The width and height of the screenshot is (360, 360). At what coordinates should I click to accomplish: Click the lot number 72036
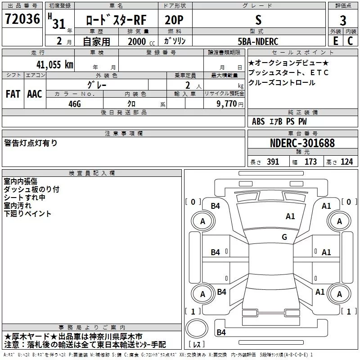[x=22, y=19]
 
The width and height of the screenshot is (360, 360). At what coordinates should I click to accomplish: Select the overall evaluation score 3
[x=343, y=20]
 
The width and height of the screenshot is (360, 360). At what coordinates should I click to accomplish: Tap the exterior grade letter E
[x=335, y=41]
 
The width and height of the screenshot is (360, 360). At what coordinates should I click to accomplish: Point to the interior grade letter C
[x=350, y=41]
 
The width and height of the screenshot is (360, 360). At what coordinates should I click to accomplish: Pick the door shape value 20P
[x=175, y=20]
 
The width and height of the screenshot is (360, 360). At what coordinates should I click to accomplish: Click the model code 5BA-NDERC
[x=258, y=41]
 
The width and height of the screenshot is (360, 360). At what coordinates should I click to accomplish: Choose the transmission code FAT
[x=13, y=94]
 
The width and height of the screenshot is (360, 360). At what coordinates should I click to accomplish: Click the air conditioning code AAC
[x=34, y=94]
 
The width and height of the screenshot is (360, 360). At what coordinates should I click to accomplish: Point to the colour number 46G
[x=74, y=103]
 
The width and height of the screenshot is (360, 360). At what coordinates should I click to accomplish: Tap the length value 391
[x=273, y=162]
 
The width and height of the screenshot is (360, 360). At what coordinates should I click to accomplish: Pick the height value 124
[x=346, y=162]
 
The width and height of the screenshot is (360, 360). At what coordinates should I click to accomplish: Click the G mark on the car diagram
[x=284, y=237]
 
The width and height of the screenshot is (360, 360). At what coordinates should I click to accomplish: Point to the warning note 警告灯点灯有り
[x=31, y=143]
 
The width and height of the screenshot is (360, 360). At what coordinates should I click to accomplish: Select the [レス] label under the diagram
[x=197, y=345]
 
